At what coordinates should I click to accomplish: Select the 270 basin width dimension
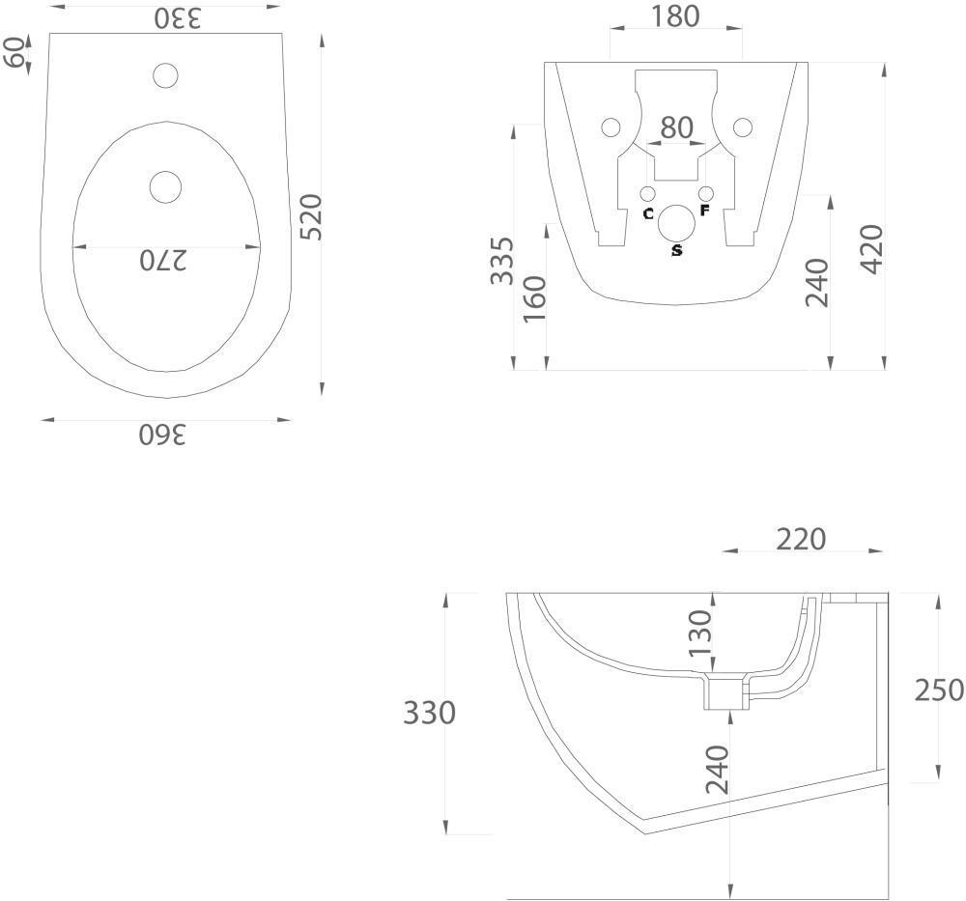(162, 261)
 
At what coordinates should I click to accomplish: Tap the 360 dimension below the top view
(162, 435)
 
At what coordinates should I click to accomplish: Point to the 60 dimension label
(14, 51)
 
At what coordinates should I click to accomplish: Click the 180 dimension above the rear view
(675, 16)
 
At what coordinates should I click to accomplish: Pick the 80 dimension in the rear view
(677, 127)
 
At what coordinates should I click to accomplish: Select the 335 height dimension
(501, 261)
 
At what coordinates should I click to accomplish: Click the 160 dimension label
(534, 298)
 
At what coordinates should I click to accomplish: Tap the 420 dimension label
(872, 249)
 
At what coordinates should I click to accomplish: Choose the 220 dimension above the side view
(801, 539)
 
